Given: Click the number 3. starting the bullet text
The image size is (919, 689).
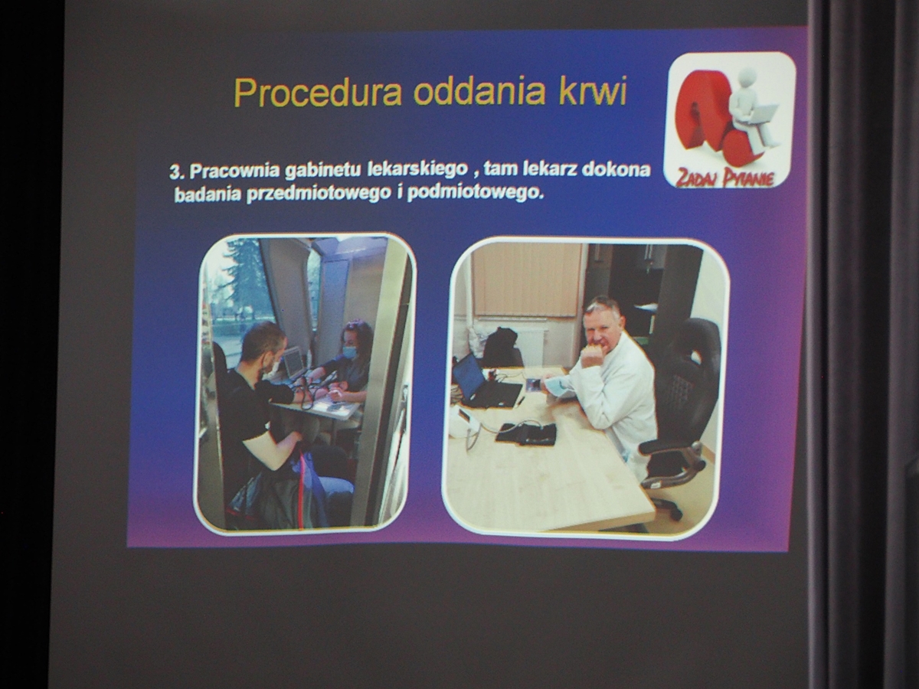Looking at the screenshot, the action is (177, 172).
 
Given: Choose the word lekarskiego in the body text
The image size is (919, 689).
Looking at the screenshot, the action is (418, 170).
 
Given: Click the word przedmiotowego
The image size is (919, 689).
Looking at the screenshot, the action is (317, 194).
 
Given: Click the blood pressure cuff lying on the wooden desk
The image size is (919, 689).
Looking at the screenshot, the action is (526, 433).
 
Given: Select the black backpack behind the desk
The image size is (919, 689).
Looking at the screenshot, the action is (502, 348).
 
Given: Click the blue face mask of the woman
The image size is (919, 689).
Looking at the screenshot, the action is (350, 351).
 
